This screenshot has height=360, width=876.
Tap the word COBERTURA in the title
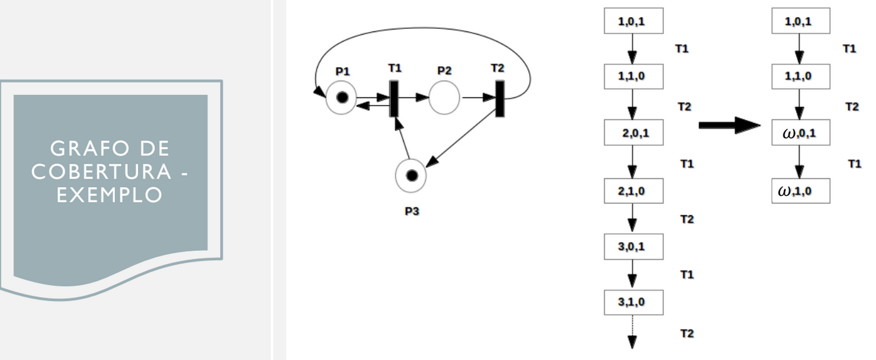pyautogui.click(x=101, y=171)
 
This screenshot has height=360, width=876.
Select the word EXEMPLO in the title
pyautogui.click(x=110, y=195)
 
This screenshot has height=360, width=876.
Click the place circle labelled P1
pyautogui.click(x=342, y=98)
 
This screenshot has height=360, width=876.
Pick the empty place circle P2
pyautogui.click(x=444, y=98)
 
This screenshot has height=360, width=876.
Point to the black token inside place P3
pyautogui.click(x=412, y=176)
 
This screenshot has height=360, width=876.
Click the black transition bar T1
pyautogui.click(x=394, y=99)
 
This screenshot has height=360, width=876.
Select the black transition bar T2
pyautogui.click(x=500, y=99)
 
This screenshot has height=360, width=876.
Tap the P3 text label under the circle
pyautogui.click(x=412, y=211)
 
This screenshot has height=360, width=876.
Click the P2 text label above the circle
pyautogui.click(x=444, y=71)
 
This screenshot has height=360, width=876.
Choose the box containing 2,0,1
pyautogui.click(x=634, y=133)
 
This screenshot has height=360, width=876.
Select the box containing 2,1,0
pyautogui.click(x=634, y=191)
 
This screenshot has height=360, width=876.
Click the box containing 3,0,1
pyautogui.click(x=634, y=246)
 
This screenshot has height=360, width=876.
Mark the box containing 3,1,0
pyautogui.click(x=634, y=302)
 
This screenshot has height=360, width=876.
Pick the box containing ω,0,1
pyautogui.click(x=800, y=133)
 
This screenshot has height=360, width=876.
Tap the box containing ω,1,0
pyautogui.click(x=800, y=191)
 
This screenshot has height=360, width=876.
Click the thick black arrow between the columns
pyautogui.click(x=729, y=125)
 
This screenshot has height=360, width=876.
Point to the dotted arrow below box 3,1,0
pyautogui.click(x=632, y=332)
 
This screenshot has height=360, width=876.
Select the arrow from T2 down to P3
pyautogui.click(x=461, y=139)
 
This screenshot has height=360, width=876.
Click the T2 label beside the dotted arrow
pyautogui.click(x=687, y=334)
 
